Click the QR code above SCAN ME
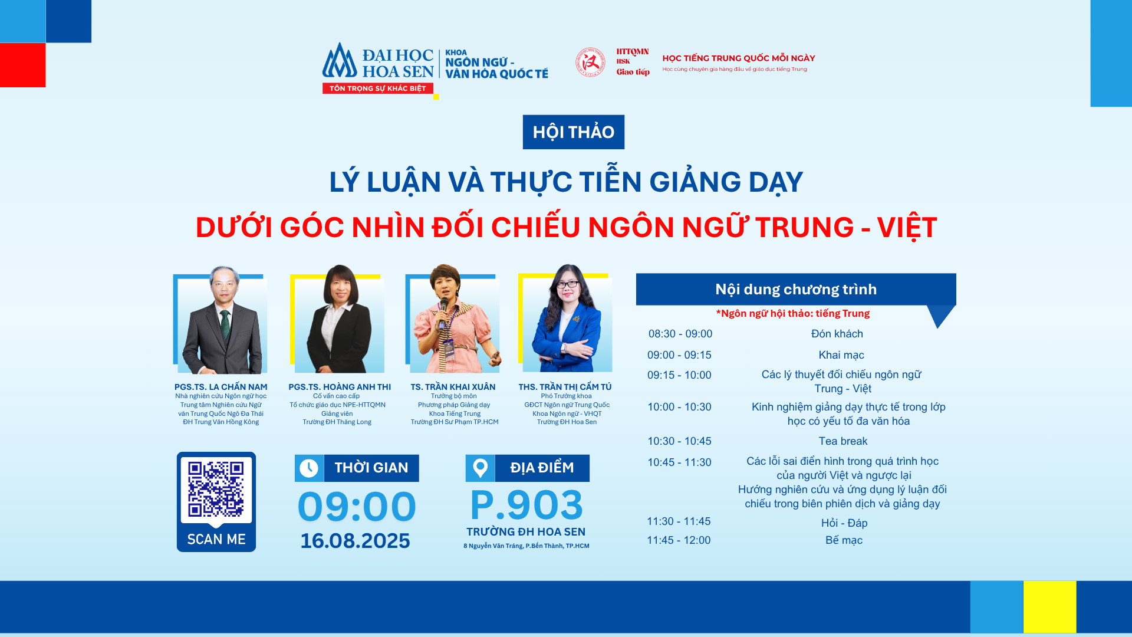[216, 489]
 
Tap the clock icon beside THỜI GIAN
[309, 468]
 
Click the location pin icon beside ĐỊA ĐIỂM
[481, 468]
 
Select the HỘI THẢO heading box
[574, 132]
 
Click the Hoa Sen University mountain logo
[340, 61]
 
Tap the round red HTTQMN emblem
[590, 63]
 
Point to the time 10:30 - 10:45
[679, 441]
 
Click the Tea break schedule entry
[843, 441]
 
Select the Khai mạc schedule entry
[841, 355]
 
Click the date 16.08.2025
[355, 541]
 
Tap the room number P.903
[526, 505]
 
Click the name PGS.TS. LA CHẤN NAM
[221, 387]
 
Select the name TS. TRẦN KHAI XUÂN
[453, 387]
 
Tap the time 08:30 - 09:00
[680, 334]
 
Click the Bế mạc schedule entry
[844, 540]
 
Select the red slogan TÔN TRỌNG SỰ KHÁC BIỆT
[378, 88]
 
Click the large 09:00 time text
[357, 507]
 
